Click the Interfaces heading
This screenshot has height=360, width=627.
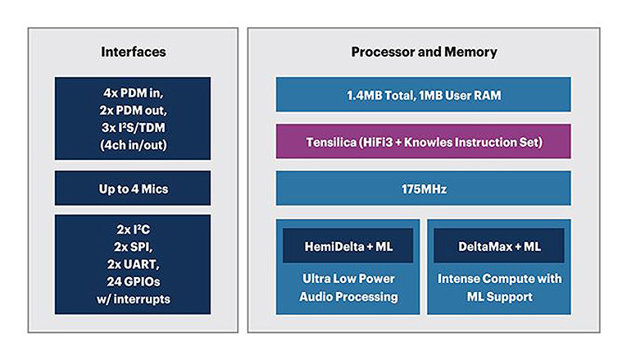tap(133, 52)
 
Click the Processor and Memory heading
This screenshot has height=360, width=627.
tap(423, 52)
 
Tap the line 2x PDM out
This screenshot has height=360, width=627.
tap(133, 110)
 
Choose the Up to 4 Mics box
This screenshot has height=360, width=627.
tap(133, 188)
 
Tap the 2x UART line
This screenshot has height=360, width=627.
tap(133, 265)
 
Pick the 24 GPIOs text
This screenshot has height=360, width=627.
tap(133, 281)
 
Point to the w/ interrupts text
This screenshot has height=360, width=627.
tap(133, 298)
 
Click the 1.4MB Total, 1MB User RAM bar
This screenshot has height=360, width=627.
tap(423, 95)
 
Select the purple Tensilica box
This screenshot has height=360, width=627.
tap(423, 141)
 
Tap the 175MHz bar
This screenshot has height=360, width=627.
tap(423, 188)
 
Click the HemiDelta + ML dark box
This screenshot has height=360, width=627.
tap(348, 246)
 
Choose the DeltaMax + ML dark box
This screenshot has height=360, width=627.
tap(498, 246)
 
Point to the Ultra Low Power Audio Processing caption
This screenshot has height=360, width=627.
tap(348, 287)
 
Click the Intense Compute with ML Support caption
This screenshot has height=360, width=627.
tap(498, 287)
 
